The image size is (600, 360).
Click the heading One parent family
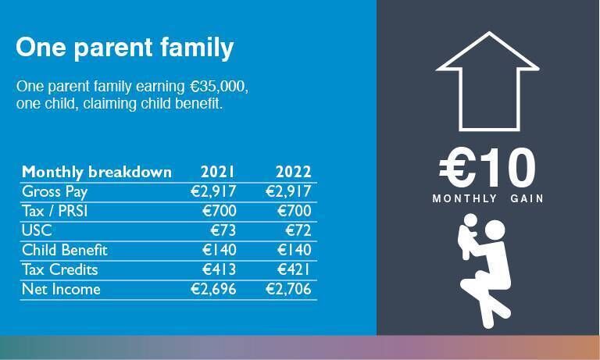tap(124, 48)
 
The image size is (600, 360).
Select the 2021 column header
tap(217, 172)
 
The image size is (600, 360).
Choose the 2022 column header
tap(293, 172)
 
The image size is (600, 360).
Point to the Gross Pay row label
tap(55, 191)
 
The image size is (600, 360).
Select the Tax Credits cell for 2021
tap(218, 269)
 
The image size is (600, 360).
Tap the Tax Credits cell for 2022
tap(294, 269)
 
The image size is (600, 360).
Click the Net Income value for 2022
tap(288, 290)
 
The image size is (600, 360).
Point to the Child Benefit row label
tap(64, 250)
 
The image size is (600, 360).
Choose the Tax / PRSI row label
tap(58, 211)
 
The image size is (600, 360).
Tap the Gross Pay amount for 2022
tap(288, 191)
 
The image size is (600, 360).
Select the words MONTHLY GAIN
tap(487, 199)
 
